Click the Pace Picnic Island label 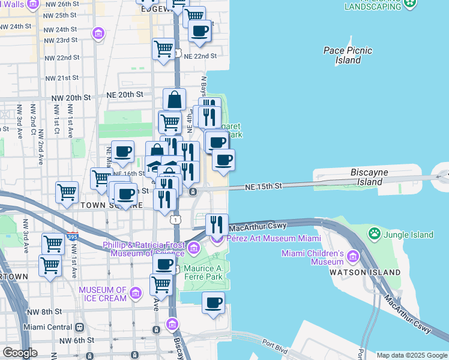coord(347,55)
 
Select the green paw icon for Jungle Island coord(375,232)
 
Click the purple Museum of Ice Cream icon coord(136,293)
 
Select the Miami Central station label coord(47,328)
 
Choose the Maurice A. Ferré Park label coord(202,272)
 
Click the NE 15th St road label coord(263,187)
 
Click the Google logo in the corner coord(19,353)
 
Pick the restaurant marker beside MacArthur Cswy coord(217,225)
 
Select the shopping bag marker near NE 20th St coord(174,100)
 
